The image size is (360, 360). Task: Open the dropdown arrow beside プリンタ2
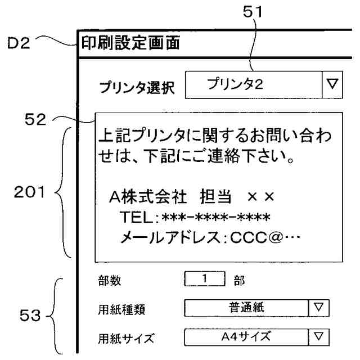[x=331, y=85]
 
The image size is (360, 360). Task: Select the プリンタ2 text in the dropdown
[x=236, y=85]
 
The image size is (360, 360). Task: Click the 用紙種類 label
[x=120, y=309]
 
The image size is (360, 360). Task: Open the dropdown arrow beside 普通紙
[x=319, y=308]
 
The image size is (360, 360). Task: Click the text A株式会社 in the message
[x=148, y=197]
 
